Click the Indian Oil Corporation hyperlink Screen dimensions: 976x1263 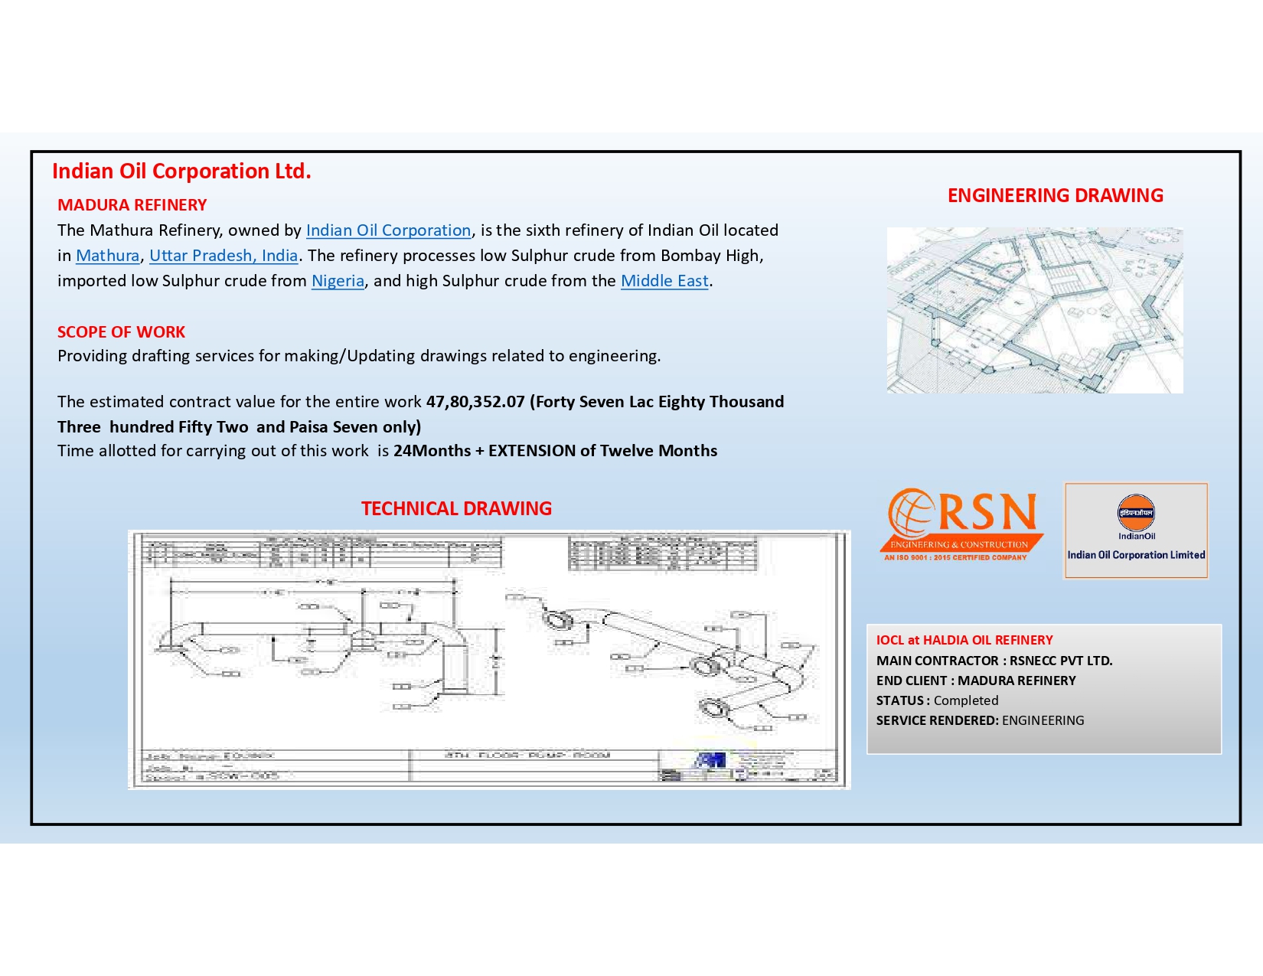coord(388,230)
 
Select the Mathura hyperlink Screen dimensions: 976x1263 coord(107,256)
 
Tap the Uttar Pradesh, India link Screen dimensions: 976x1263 coord(224,256)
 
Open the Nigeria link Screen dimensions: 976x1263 coord(338,281)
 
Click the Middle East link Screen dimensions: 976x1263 coord(664,281)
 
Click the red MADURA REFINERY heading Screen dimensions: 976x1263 coord(132,205)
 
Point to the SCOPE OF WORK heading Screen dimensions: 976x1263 coord(121,332)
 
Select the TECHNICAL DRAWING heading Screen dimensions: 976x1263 coord(456,509)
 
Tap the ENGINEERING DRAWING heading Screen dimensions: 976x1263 coord(1055,196)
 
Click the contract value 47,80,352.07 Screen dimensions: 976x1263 coord(475,402)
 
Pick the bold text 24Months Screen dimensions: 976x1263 coord(432,451)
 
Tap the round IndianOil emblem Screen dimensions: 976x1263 coord(1136,513)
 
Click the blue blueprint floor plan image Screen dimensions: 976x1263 coord(1034,310)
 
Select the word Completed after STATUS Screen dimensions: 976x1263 coord(965,700)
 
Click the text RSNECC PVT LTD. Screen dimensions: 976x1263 coord(1060,661)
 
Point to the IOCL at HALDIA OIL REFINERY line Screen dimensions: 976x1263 coord(964,640)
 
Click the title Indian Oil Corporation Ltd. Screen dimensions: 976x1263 coord(181,171)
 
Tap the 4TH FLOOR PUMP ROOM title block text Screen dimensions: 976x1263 coord(527,756)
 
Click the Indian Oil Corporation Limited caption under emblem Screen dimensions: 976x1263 coord(1136,555)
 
